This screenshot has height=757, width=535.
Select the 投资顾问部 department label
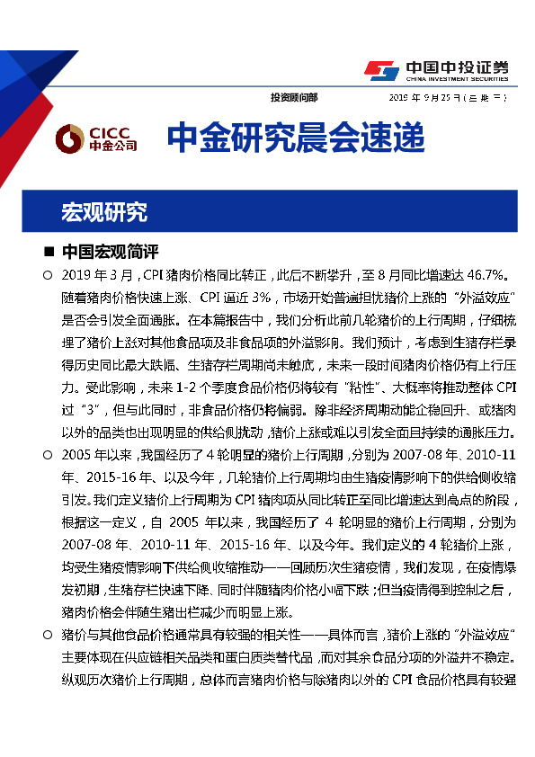click(x=293, y=97)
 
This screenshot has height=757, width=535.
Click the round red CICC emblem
click(x=69, y=138)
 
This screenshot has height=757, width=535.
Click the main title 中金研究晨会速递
click(x=295, y=138)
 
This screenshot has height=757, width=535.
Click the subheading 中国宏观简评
click(x=111, y=252)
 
